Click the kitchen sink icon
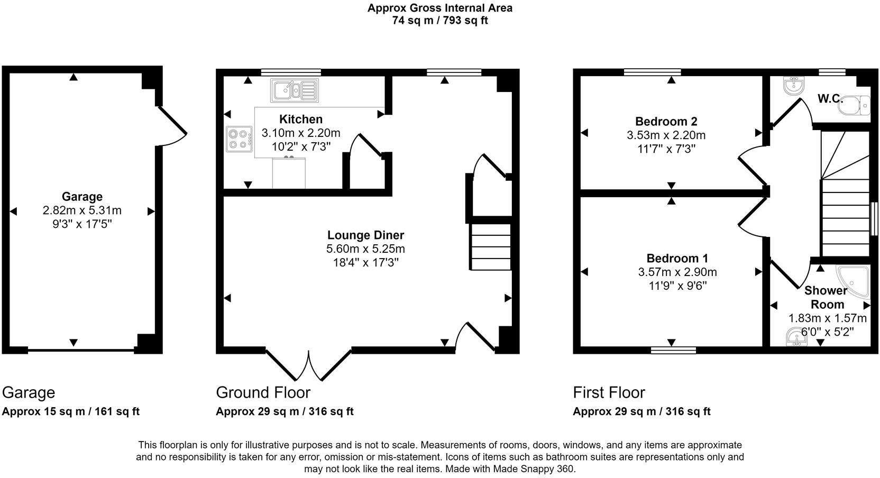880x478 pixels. pyautogui.click(x=295, y=90)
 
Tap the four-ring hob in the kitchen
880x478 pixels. pyautogui.click(x=240, y=139)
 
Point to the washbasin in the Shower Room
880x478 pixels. pyautogui.click(x=795, y=337)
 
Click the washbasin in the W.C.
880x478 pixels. pyautogui.click(x=794, y=86)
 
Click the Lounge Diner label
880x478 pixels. pyautogui.click(x=365, y=235)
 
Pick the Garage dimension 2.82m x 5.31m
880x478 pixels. pyautogui.click(x=82, y=210)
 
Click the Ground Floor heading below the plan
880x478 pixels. pyautogui.click(x=263, y=393)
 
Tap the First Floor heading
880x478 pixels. pyautogui.click(x=609, y=393)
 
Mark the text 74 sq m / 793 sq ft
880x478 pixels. pyautogui.click(x=439, y=21)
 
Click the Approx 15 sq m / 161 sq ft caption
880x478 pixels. pyautogui.click(x=71, y=411)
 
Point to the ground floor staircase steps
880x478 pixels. pyautogui.click(x=491, y=247)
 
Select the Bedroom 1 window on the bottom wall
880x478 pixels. pyautogui.click(x=673, y=350)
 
